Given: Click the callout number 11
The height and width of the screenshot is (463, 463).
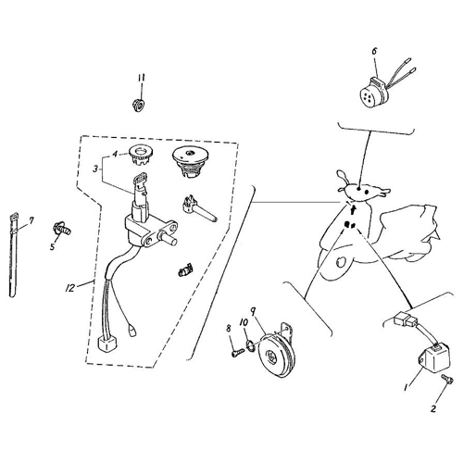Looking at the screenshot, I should point(140,76).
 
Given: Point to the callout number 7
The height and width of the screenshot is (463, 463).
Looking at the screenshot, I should point(30,220).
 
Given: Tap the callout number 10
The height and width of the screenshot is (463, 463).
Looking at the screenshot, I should point(244,322).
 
